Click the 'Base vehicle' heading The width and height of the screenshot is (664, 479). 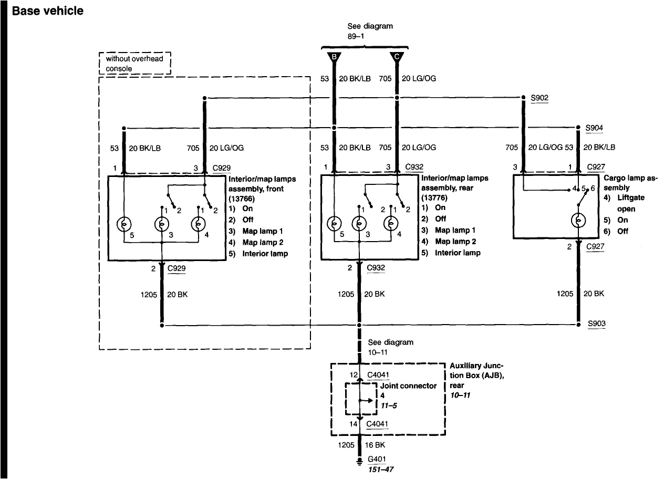click(48, 11)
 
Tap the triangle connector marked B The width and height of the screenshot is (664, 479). click(333, 57)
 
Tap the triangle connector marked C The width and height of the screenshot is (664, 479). click(397, 57)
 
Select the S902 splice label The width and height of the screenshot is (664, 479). click(539, 98)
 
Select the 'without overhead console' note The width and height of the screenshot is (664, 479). click(135, 64)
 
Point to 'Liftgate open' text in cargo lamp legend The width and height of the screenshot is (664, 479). click(630, 203)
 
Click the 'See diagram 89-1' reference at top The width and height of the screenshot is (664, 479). click(370, 30)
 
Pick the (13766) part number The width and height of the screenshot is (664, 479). click(242, 199)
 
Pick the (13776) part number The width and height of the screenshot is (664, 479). click(434, 198)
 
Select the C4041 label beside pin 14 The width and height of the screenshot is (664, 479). click(378, 423)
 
